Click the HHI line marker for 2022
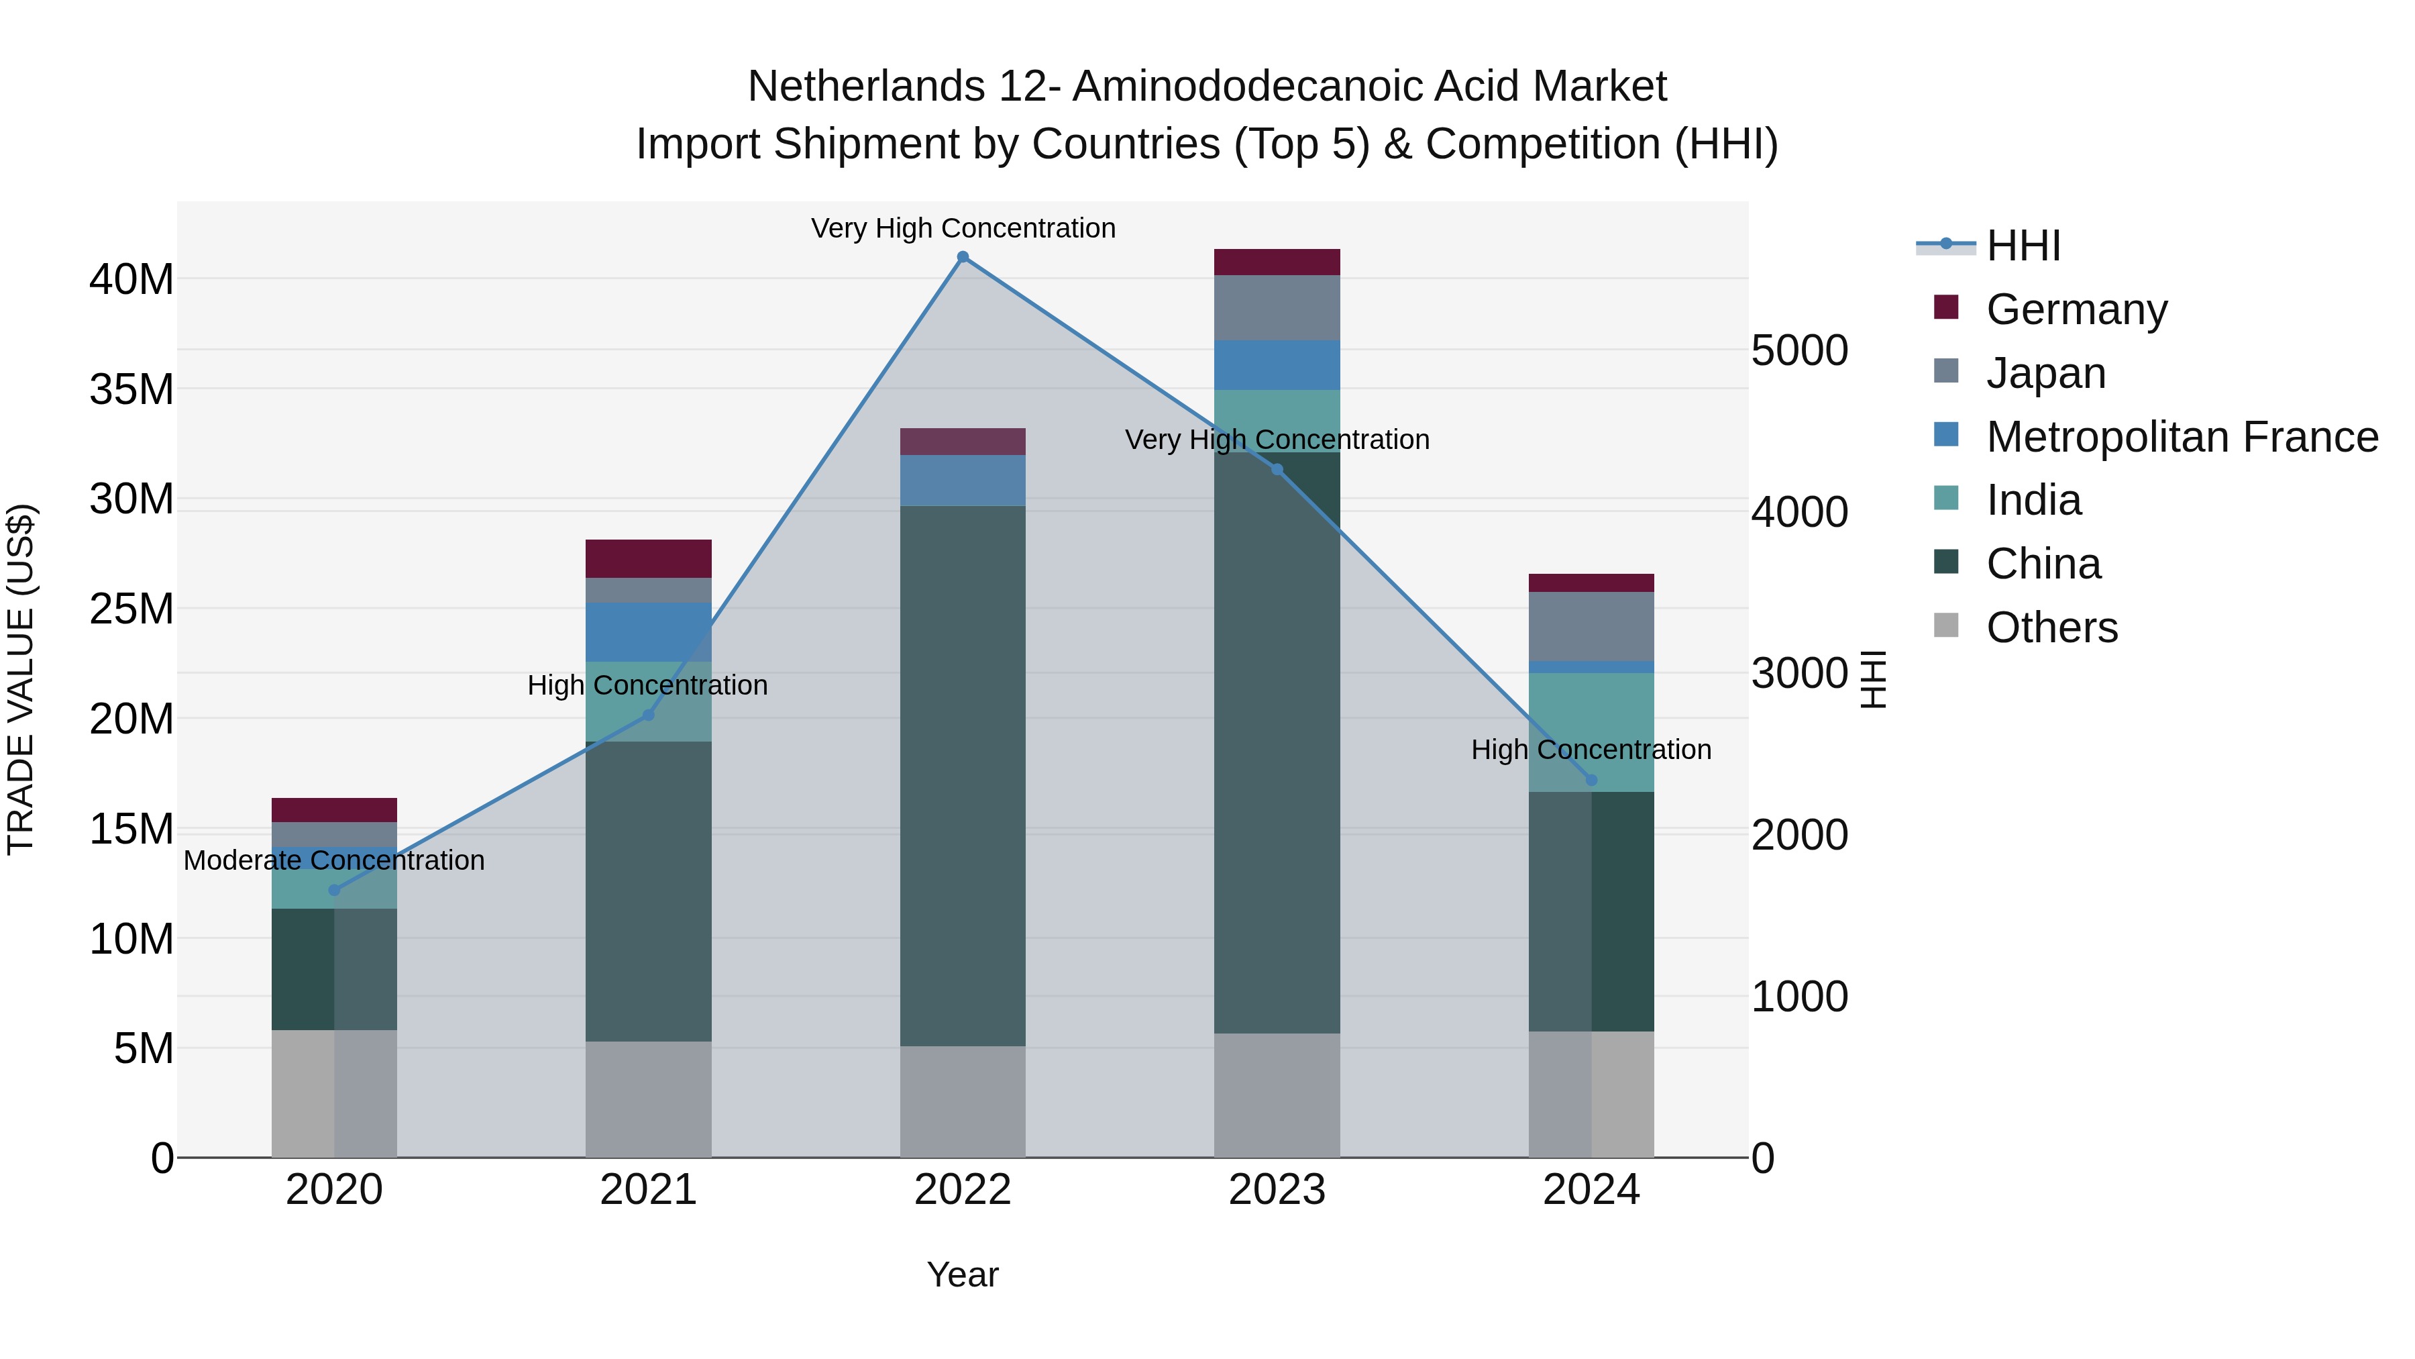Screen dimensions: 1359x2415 click(x=962, y=257)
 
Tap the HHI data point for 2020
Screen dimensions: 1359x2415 click(x=334, y=890)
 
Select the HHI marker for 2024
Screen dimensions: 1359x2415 click(x=1591, y=781)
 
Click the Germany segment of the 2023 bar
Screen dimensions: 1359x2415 click(x=1277, y=262)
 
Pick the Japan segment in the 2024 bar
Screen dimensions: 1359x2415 click(x=1591, y=627)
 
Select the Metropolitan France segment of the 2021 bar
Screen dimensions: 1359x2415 click(x=648, y=632)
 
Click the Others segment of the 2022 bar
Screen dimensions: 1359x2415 click(x=962, y=1101)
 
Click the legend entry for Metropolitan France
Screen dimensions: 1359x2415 click(x=2181, y=437)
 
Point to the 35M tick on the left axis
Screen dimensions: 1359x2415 click(x=131, y=389)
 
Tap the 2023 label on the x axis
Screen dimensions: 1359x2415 click(x=1277, y=1190)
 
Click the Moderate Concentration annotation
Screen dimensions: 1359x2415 click(x=334, y=860)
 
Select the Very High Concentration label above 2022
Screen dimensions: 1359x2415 click(x=963, y=228)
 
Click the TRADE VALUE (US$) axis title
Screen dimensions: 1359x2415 click(x=21, y=679)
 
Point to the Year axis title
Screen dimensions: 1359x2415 click(x=962, y=1274)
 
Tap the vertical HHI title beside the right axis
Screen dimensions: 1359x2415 click(x=1872, y=679)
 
